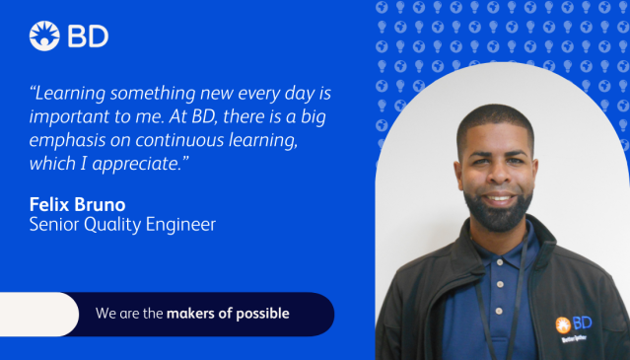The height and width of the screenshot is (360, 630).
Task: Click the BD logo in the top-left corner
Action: [69, 36]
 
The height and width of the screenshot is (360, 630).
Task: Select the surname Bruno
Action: [107, 204]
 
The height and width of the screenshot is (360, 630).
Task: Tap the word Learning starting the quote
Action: [74, 94]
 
